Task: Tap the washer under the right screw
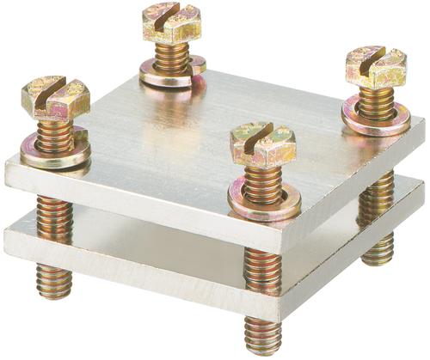point(376,116)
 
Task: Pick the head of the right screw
point(376,66)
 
